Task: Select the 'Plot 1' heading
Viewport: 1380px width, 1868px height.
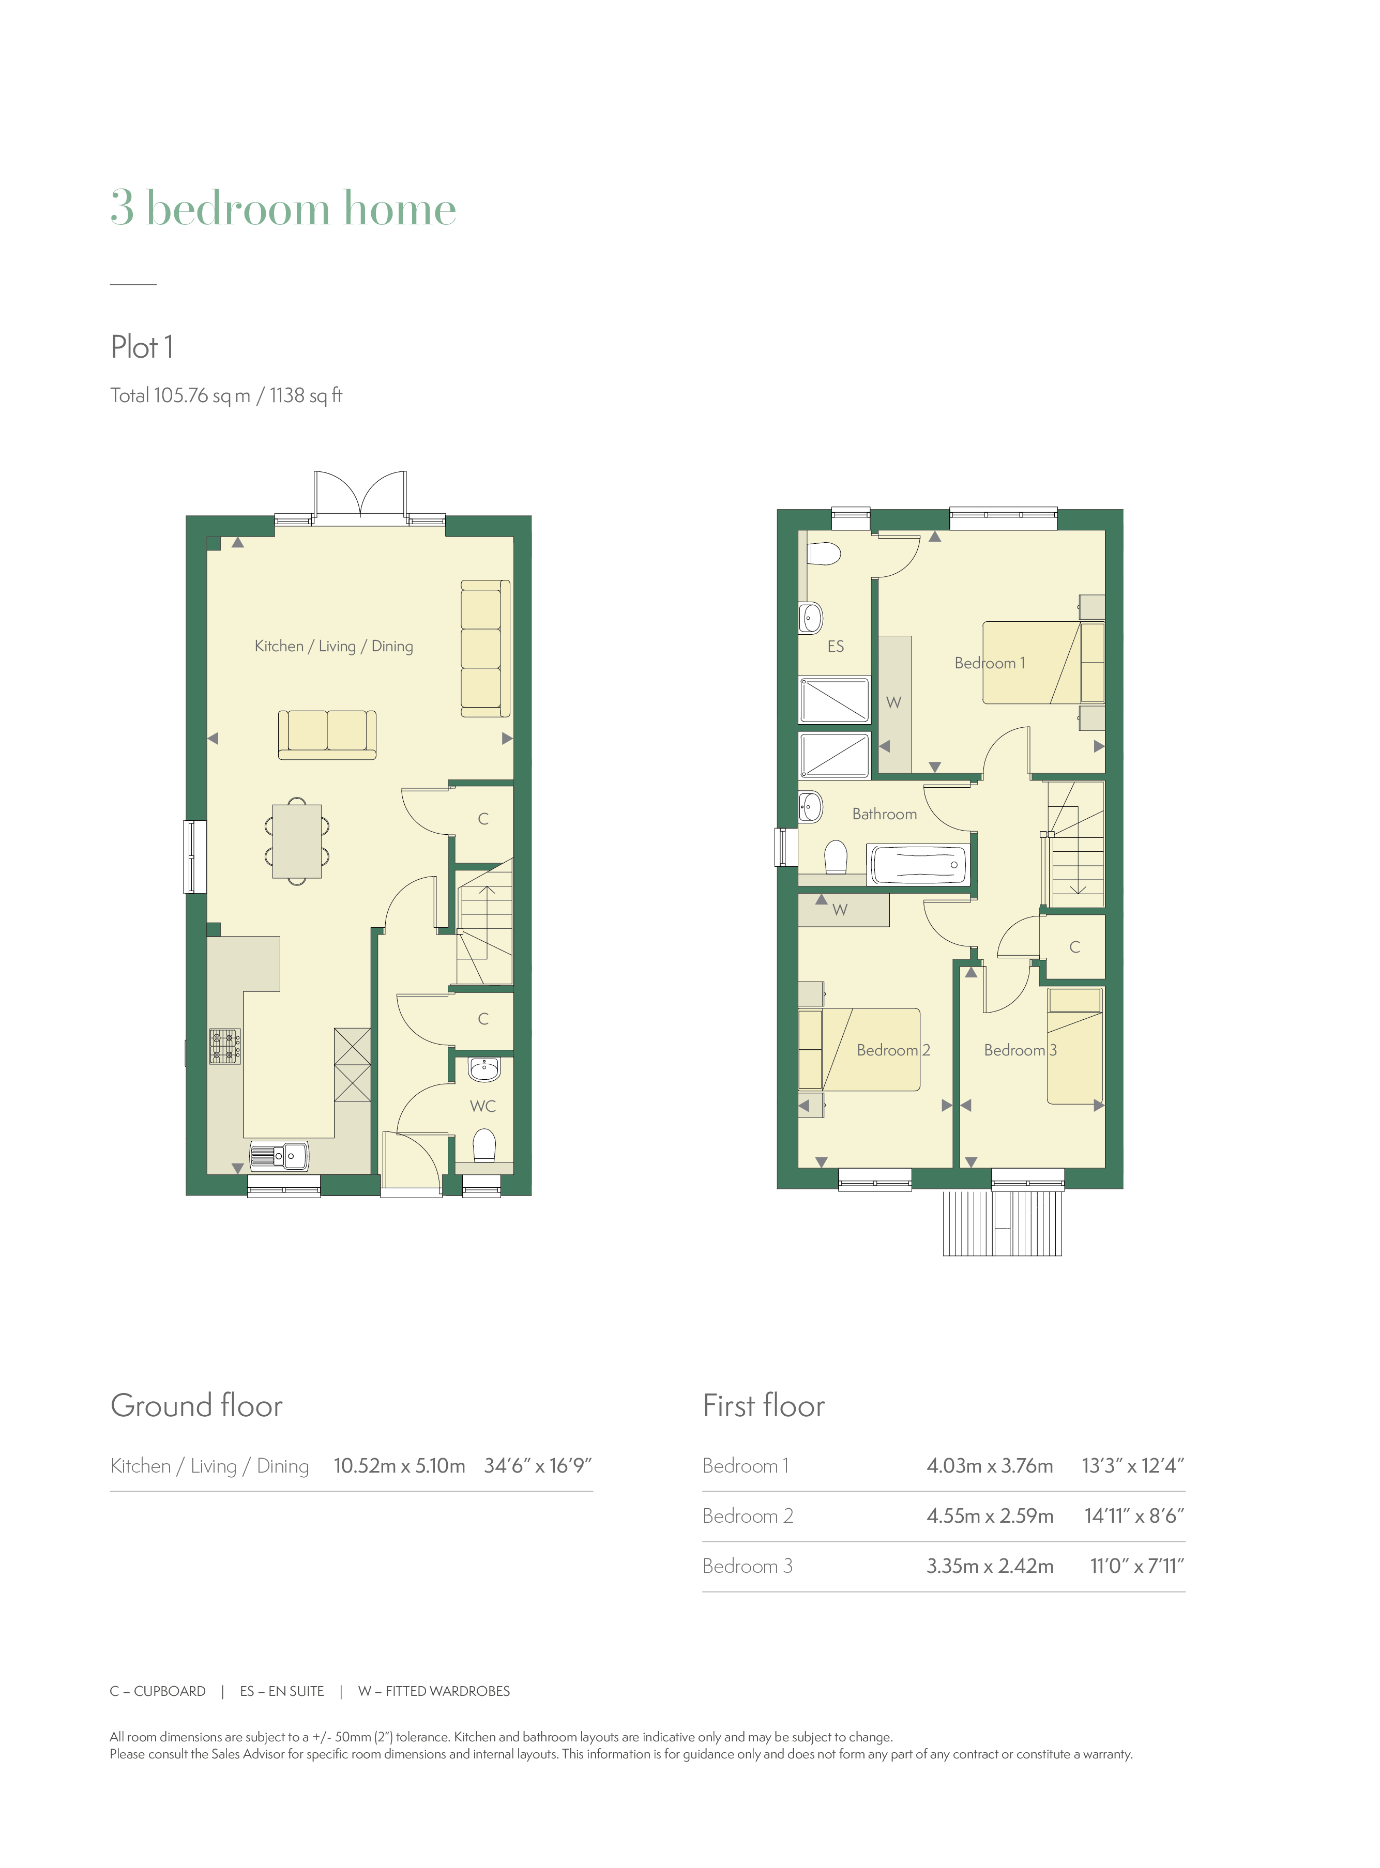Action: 142,346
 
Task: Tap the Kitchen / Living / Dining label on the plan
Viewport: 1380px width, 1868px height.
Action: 333,646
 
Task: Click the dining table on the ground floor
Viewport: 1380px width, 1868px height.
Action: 297,841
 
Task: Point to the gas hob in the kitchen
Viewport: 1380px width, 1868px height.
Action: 225,1046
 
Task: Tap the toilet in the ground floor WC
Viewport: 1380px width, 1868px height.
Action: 484,1146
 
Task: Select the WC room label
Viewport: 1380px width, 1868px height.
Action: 483,1106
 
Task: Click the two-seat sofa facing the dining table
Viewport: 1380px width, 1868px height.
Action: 327,735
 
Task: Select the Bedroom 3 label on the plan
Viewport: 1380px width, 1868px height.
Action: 1020,1050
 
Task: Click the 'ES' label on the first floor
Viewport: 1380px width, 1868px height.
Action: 836,646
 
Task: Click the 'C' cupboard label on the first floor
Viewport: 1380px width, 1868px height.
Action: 1075,947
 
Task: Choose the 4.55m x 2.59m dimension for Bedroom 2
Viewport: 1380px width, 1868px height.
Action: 990,1515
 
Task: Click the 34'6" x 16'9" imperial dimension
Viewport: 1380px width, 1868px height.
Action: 538,1465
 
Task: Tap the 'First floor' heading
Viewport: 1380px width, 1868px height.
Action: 764,1405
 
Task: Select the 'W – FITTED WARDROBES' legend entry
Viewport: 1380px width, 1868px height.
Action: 434,1691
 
